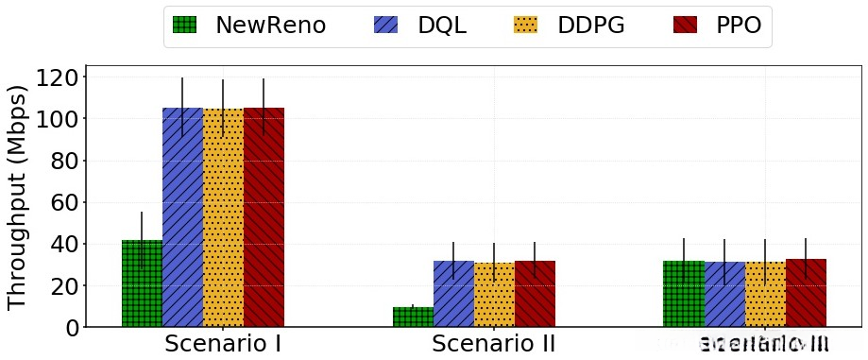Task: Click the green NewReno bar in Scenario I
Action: tap(142, 283)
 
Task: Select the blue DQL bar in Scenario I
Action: tap(182, 217)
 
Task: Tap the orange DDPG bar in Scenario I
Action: tap(223, 217)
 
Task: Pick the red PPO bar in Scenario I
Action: tap(264, 217)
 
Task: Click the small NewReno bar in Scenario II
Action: tap(413, 317)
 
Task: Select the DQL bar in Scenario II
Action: tap(453, 294)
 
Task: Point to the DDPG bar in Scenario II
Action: tap(494, 295)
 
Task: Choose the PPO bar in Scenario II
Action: tap(535, 294)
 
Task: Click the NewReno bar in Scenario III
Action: tap(684, 294)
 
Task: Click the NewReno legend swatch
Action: tap(187, 26)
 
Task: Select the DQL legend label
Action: tap(442, 26)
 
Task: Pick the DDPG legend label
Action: tap(591, 26)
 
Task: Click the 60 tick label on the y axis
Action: tap(61, 202)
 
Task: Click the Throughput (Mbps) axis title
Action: tap(17, 197)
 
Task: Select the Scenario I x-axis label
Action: tap(223, 343)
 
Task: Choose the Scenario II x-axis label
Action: tap(494, 343)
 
